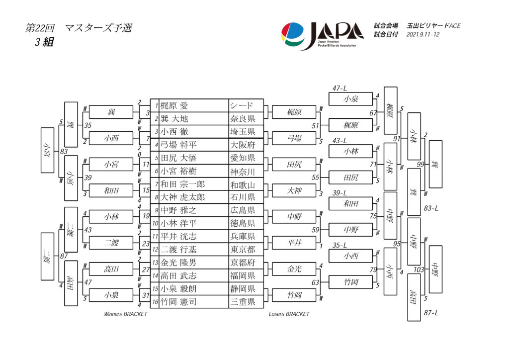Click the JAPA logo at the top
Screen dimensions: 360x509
click(322, 35)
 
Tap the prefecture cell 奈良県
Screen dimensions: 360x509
click(243, 119)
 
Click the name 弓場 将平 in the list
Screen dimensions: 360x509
click(178, 145)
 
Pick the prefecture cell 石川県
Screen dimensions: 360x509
click(243, 197)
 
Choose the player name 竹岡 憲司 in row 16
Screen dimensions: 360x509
click(178, 302)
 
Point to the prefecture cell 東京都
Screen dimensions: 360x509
click(243, 250)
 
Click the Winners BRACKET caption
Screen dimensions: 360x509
click(126, 314)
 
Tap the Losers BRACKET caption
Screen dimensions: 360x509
click(289, 314)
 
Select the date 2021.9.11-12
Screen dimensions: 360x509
click(423, 35)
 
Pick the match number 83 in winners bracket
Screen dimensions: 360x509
click(64, 152)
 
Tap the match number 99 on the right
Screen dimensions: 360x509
click(421, 165)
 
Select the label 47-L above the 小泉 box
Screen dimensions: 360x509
click(339, 88)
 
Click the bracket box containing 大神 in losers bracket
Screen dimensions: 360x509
click(294, 190)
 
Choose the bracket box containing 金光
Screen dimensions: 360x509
click(294, 269)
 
